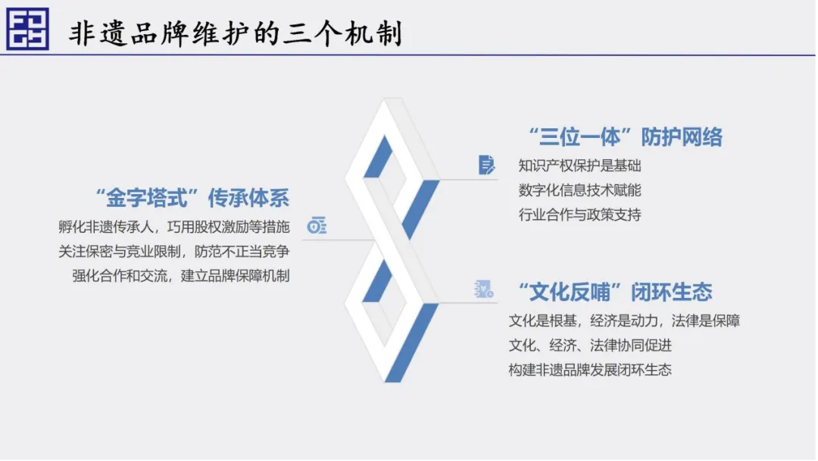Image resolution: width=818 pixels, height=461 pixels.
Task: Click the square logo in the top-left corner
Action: click(x=28, y=29)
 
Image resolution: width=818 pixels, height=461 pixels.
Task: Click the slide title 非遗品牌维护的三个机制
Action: click(x=236, y=33)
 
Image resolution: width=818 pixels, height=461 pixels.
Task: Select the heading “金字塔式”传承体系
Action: click(x=192, y=198)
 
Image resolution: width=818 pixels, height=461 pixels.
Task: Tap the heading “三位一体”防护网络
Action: click(x=626, y=136)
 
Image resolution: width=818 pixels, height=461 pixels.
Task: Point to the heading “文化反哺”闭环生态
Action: click(x=615, y=292)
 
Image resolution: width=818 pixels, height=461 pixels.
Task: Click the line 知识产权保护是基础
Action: click(x=579, y=165)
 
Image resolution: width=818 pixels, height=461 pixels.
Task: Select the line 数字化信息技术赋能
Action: click(x=579, y=190)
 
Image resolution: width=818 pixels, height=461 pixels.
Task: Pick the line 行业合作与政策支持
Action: click(x=579, y=215)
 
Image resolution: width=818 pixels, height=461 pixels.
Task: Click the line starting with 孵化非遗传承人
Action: click(x=173, y=227)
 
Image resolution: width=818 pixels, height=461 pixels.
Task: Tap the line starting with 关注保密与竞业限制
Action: click(x=173, y=252)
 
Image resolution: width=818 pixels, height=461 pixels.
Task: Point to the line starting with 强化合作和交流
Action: click(x=180, y=276)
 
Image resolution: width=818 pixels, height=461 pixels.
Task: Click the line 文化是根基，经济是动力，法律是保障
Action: click(x=624, y=321)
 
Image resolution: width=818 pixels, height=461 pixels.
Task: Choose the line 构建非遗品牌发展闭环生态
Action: click(x=590, y=370)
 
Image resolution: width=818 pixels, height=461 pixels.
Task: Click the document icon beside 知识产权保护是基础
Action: click(x=486, y=165)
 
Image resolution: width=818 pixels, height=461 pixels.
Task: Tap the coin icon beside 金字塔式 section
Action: click(x=317, y=225)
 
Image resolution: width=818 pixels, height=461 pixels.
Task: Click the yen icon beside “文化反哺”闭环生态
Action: click(x=483, y=289)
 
